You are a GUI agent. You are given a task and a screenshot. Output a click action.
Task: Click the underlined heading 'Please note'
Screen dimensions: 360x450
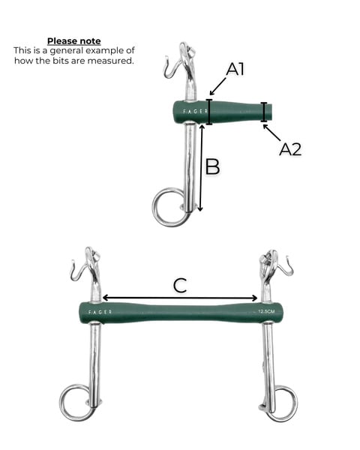pyautogui.click(x=74, y=41)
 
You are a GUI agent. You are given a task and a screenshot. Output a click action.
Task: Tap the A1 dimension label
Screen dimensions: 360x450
pyautogui.click(x=235, y=69)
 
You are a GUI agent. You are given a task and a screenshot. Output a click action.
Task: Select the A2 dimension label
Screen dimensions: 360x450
pyautogui.click(x=290, y=149)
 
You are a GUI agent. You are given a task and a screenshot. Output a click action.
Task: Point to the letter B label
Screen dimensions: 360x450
pyautogui.click(x=213, y=166)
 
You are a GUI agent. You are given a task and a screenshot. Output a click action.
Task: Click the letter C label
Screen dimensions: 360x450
pyautogui.click(x=180, y=286)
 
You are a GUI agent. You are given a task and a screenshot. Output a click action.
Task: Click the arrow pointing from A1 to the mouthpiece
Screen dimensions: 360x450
pyautogui.click(x=218, y=87)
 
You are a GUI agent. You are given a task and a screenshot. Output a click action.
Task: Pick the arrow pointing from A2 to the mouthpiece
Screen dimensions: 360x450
pyautogui.click(x=271, y=133)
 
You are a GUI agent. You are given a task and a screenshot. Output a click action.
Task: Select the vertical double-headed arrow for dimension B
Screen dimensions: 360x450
pyautogui.click(x=201, y=168)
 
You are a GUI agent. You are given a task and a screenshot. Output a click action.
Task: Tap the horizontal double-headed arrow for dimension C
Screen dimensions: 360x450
pyautogui.click(x=180, y=298)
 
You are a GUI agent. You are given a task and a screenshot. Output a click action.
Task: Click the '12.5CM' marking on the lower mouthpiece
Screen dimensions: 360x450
pyautogui.click(x=266, y=311)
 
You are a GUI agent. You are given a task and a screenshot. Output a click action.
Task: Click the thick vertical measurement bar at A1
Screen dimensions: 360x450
pyautogui.click(x=209, y=112)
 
